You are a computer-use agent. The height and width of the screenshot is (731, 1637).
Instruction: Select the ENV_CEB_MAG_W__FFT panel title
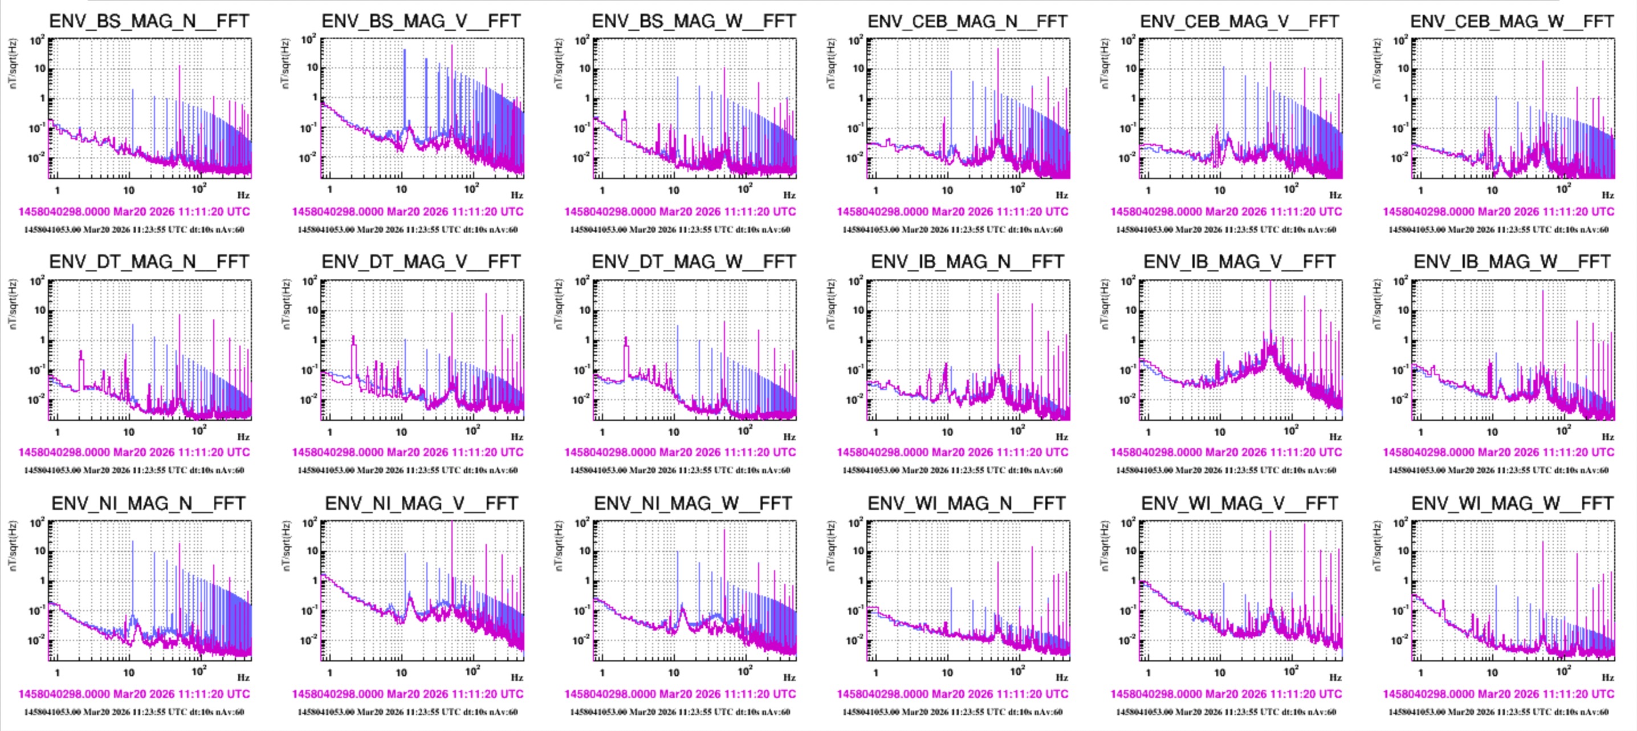[1512, 21]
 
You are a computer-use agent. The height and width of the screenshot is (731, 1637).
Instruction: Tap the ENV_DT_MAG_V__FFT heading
[421, 262]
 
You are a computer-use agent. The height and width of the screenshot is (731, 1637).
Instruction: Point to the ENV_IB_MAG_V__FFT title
[1239, 262]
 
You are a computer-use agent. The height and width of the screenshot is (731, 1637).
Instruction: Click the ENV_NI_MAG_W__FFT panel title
[693, 503]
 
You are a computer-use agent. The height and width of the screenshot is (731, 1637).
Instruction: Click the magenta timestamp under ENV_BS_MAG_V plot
[408, 212]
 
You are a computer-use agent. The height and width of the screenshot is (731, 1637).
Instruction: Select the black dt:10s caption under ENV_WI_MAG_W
[1498, 712]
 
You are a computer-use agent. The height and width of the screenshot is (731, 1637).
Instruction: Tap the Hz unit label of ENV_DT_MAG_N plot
[243, 437]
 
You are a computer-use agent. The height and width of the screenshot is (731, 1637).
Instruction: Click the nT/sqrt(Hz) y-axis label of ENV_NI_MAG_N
[13, 545]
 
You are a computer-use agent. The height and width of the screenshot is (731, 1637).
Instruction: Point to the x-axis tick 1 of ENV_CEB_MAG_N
[875, 190]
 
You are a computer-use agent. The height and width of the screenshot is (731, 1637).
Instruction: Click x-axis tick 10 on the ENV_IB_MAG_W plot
[1492, 432]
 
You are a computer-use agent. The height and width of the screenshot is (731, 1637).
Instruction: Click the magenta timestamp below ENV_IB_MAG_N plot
[952, 453]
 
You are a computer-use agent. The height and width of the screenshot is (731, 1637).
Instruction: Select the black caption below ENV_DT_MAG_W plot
[680, 470]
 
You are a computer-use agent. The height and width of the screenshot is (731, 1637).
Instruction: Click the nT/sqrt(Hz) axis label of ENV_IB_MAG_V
[1104, 304]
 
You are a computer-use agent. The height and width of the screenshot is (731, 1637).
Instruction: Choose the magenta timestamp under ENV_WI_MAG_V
[1226, 694]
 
